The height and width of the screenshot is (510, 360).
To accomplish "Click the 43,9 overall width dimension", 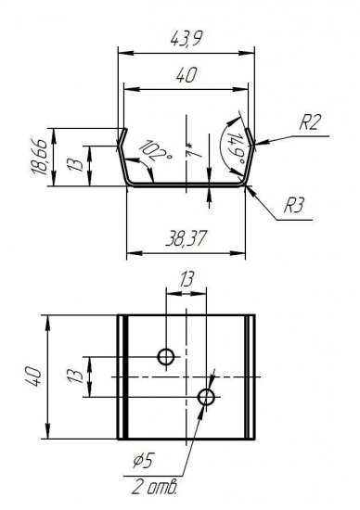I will point(186,38).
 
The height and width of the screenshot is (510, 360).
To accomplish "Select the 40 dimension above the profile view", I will point(185,78).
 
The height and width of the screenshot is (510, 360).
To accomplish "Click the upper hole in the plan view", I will point(167,356).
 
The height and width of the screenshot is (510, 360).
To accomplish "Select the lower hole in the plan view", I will point(206,398).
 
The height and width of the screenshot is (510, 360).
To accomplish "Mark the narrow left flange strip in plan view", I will point(122,376).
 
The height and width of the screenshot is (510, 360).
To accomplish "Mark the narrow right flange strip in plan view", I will point(250,376).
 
